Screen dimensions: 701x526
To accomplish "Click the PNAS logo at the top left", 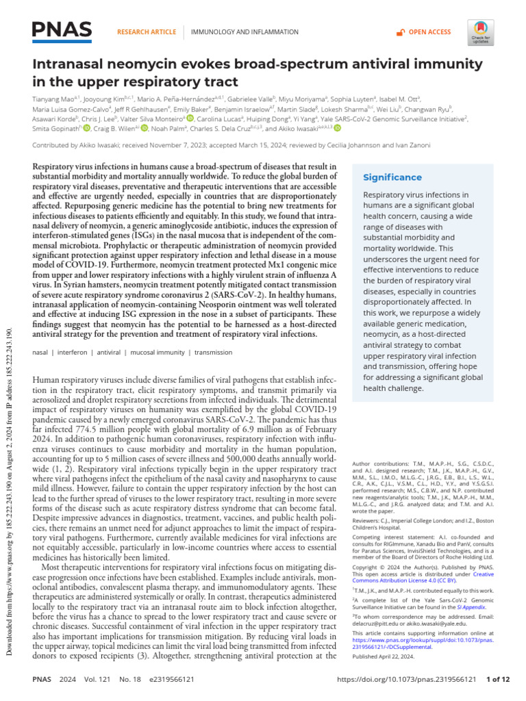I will pyautogui.click(x=62, y=31).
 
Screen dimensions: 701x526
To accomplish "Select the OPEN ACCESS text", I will pyautogui.click(x=429, y=32).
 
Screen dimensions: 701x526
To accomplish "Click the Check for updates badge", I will pyautogui.click(x=481, y=31).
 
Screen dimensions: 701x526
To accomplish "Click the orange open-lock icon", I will pyautogui.click(x=401, y=32).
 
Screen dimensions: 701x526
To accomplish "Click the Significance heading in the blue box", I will pyautogui.click(x=392, y=177).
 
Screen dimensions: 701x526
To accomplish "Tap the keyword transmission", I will pyautogui.click(x=213, y=353).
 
